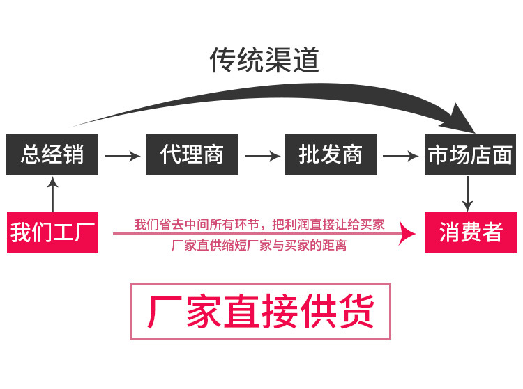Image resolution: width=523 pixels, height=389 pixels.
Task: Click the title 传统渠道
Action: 264,61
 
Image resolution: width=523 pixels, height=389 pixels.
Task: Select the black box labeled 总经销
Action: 52,154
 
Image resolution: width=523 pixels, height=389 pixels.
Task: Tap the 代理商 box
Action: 192,154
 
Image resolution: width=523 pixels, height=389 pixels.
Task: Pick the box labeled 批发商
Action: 331,154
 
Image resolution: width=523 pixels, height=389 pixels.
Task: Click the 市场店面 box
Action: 471,154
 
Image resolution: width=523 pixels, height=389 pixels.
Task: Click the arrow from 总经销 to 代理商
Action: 122,155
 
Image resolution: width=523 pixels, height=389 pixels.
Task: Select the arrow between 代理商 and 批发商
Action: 261,155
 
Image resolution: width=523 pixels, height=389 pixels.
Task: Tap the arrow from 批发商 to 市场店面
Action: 401,155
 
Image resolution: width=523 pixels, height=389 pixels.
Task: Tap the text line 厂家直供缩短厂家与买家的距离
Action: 259,246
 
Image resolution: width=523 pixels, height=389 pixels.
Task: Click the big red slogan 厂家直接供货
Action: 260,311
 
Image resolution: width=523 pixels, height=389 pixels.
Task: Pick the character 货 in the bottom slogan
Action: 356,311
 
